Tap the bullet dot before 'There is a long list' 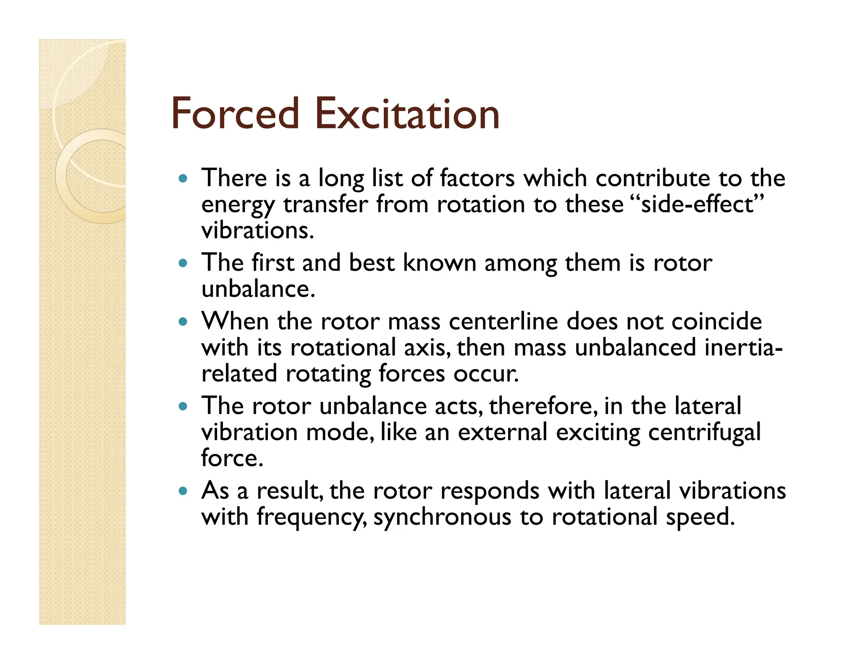pyautogui.click(x=182, y=178)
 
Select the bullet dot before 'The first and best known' pyautogui.click(x=182, y=264)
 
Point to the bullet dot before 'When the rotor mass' pyautogui.click(x=182, y=322)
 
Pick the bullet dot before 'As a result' pyautogui.click(x=182, y=491)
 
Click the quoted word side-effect pyautogui.click(x=697, y=204)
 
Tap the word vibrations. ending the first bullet pyautogui.click(x=257, y=230)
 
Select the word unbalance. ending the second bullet pyautogui.click(x=258, y=289)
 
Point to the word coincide pyautogui.click(x=716, y=322)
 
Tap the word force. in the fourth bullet pyautogui.click(x=232, y=458)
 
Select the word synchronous pyautogui.click(x=442, y=517)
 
